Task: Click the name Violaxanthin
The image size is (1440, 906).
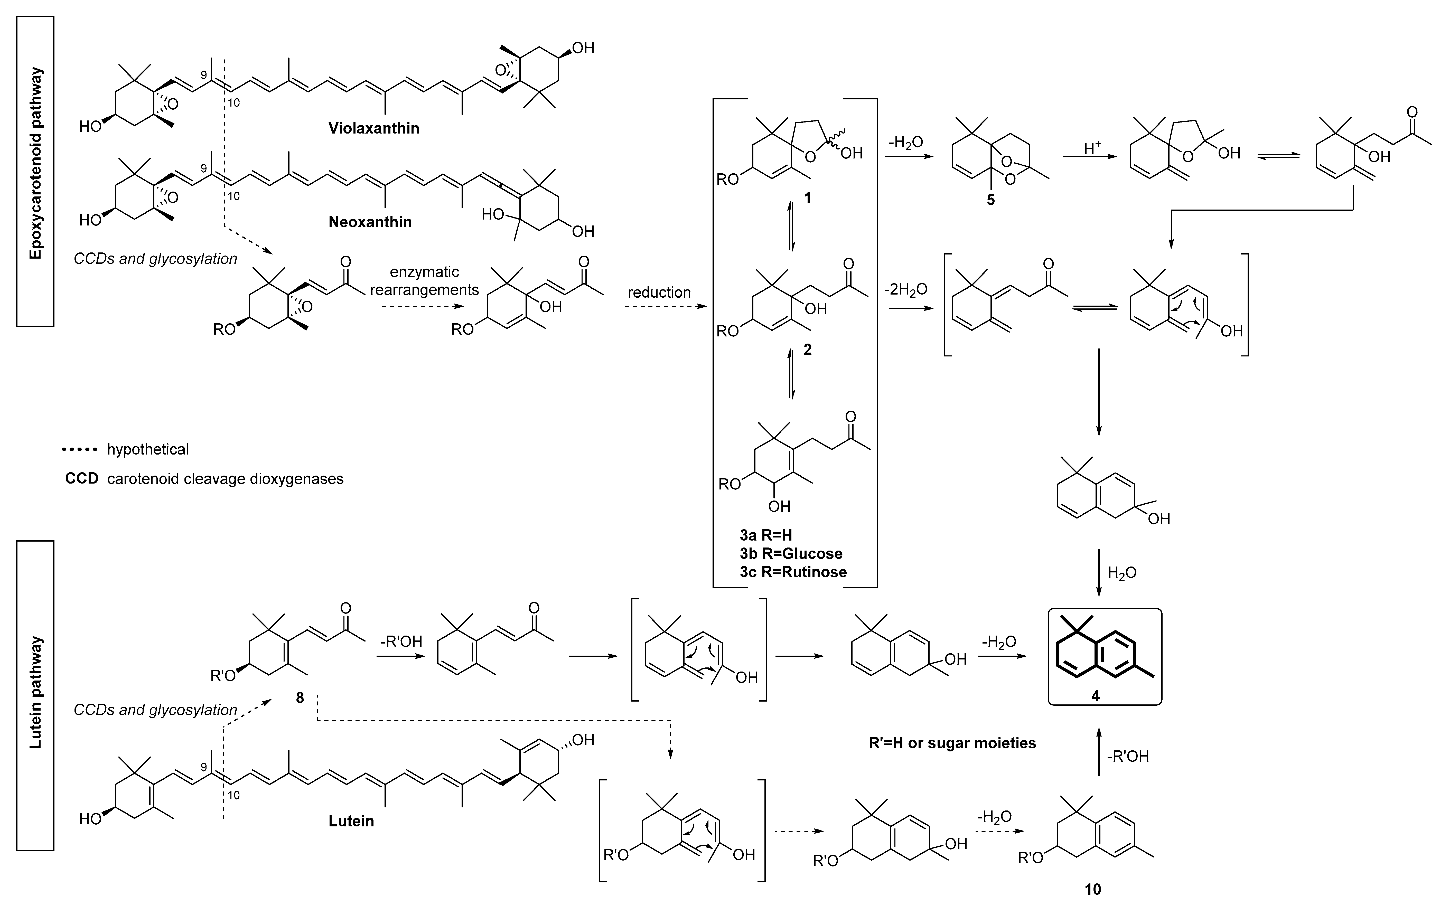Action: tap(374, 128)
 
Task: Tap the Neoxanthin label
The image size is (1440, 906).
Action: tap(370, 222)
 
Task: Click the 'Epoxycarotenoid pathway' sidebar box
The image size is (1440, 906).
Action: tap(35, 171)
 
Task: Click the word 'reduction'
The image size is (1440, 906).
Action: tap(659, 292)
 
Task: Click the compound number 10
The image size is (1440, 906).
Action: tap(1092, 889)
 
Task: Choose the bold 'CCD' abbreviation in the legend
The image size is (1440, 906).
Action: tap(82, 478)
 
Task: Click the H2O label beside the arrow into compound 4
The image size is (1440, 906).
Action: tap(1122, 573)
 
